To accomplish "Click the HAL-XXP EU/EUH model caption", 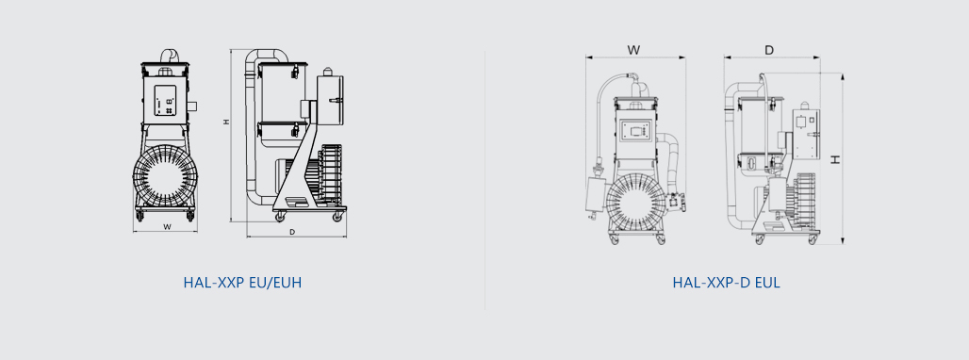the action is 242,283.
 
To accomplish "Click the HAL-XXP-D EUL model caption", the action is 726,283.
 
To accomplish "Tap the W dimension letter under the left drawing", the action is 167,226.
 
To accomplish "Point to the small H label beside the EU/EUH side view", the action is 226,123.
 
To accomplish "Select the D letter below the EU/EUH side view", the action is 292,232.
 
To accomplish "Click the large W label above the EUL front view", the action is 633,50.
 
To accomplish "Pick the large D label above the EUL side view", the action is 769,50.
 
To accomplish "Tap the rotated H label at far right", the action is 835,159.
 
